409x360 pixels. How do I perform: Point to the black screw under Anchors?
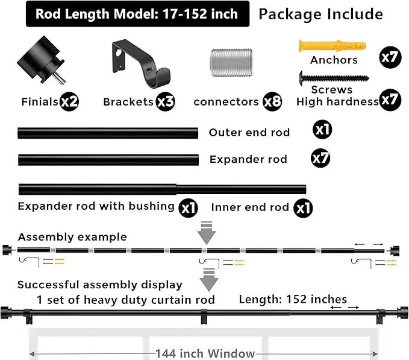[x=333, y=78]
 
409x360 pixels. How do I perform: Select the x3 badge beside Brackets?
[x=165, y=101]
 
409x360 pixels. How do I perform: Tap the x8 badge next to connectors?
[x=272, y=101]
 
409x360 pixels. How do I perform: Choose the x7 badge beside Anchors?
[x=389, y=57]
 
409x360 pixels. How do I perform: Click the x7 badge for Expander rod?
[x=321, y=159]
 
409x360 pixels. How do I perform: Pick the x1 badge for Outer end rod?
[x=322, y=130]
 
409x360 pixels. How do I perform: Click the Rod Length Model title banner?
[x=137, y=14]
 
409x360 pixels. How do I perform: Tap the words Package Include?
[x=320, y=14]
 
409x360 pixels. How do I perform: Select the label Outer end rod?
[x=249, y=133]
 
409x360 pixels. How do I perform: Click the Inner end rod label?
[x=250, y=207]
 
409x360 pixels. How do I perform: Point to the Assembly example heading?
[x=72, y=237]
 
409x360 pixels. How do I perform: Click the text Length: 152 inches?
[x=293, y=299]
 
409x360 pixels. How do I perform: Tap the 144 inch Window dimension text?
[x=205, y=354]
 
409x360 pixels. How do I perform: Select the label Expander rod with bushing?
[x=96, y=206]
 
